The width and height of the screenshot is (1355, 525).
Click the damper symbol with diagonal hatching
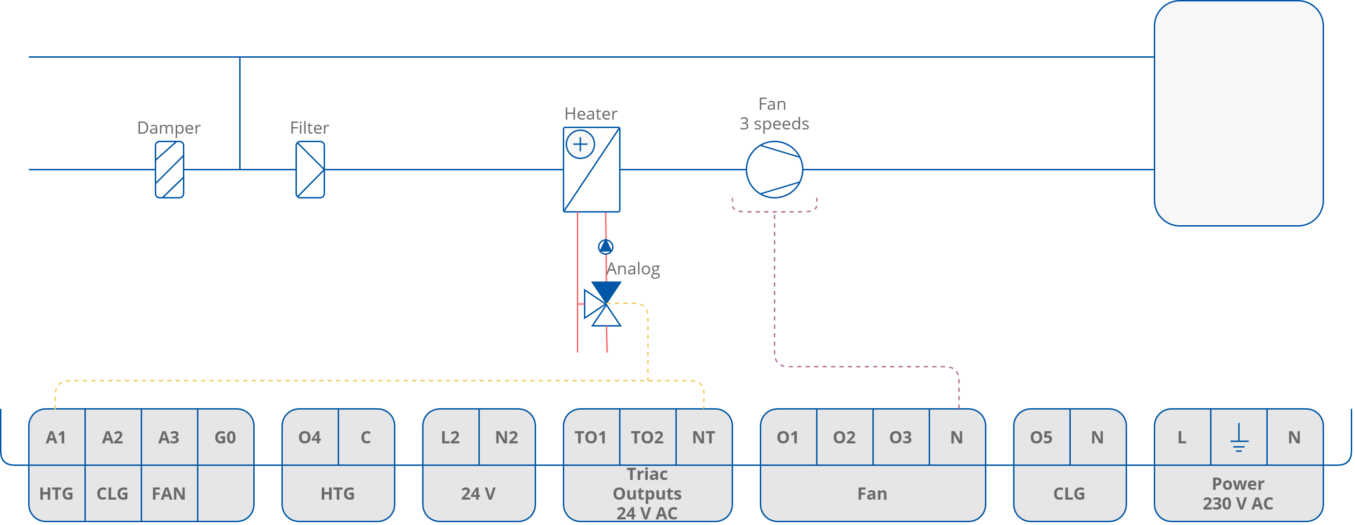pos(169,169)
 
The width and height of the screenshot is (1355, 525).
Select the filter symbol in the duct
pos(310,169)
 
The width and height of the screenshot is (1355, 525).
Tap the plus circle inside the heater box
pos(580,144)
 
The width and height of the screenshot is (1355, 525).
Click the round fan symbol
pos(774,169)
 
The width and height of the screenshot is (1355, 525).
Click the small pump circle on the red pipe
pos(606,246)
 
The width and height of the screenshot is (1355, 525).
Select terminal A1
pos(56,437)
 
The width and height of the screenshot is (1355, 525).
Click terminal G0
pos(225,437)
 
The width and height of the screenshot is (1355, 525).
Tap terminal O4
pos(310,437)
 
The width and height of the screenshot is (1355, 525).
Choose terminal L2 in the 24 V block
pos(450,437)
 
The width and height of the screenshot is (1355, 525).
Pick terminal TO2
pos(647,437)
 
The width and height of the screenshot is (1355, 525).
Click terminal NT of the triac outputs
pos(703,437)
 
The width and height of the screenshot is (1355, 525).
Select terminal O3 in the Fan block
pos(900,437)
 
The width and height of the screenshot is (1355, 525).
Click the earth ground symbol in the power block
pos(1239,438)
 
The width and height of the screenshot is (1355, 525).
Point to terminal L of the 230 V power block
pos(1182,437)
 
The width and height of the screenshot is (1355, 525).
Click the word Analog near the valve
pos(633,269)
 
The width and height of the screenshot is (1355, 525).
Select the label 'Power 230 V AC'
pos(1238,494)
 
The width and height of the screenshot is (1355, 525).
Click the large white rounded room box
pos(1238,113)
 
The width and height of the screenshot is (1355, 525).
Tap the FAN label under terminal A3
pos(169,494)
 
